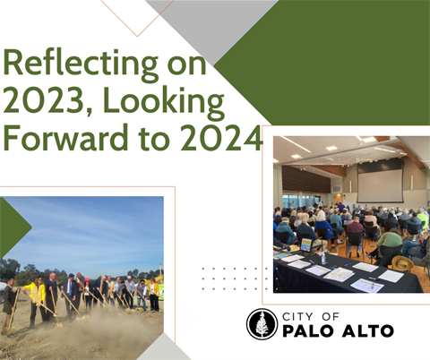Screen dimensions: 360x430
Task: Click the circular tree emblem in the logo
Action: [262, 324]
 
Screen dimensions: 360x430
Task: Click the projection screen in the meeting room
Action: [380, 184]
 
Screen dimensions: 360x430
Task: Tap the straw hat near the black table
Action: [401, 262]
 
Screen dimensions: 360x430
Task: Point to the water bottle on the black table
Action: [323, 257]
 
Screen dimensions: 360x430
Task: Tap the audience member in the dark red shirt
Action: [355, 227]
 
